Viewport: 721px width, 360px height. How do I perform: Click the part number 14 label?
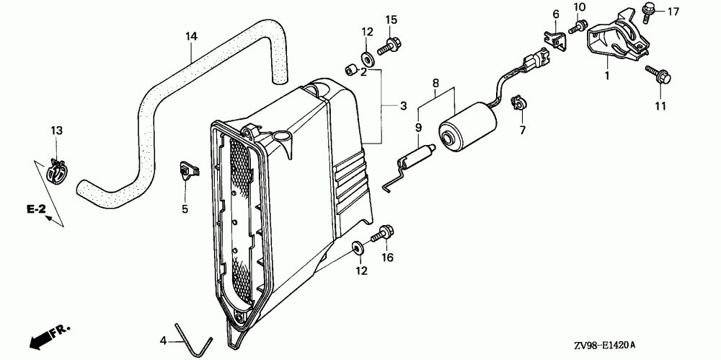(191, 35)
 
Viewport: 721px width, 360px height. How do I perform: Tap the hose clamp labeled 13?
(55, 171)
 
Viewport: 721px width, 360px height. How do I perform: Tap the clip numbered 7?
(516, 103)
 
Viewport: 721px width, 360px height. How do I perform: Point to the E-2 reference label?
(36, 209)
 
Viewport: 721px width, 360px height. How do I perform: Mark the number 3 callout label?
(404, 106)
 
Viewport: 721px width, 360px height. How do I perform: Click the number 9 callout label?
(418, 128)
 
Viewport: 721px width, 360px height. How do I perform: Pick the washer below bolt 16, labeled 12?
(358, 248)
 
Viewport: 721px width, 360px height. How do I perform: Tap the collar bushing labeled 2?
(349, 69)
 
